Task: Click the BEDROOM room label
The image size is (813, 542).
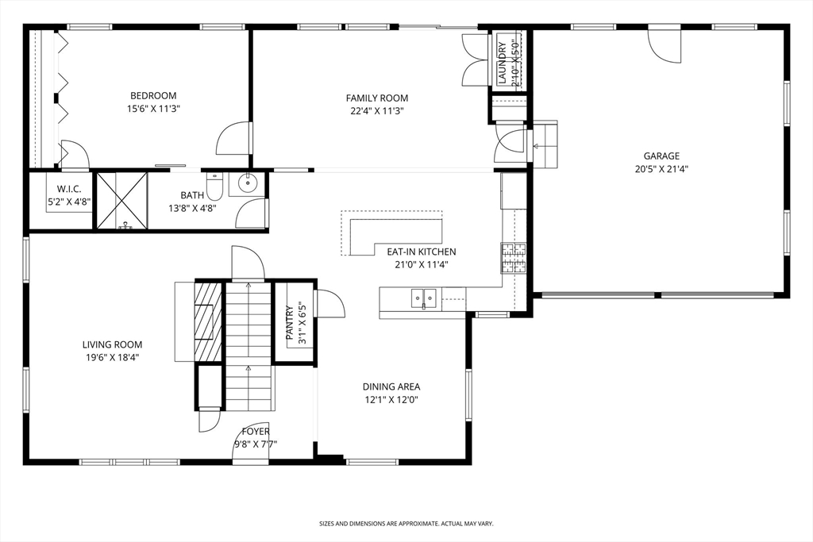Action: click(153, 96)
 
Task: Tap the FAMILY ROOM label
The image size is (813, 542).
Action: click(377, 98)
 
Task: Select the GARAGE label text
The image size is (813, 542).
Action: click(661, 156)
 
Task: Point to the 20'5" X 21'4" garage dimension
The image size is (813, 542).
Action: click(661, 169)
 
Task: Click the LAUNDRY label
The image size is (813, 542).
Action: click(502, 62)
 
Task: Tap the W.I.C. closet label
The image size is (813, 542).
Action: click(69, 189)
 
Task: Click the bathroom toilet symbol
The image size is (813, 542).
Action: click(214, 186)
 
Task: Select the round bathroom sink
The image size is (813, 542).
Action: click(249, 182)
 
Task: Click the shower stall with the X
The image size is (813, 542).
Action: click(122, 200)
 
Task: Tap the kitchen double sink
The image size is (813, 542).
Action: click(424, 298)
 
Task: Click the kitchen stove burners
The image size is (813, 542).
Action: click(514, 258)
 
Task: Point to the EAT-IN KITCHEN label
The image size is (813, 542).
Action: click(422, 252)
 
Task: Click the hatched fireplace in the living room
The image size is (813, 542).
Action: click(208, 321)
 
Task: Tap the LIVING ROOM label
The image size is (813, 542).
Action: click(113, 344)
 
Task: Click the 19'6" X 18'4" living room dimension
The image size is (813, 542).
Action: click(113, 358)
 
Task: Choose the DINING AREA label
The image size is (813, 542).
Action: click(391, 386)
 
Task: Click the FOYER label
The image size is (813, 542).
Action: click(256, 432)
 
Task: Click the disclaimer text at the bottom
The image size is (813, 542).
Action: click(406, 524)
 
